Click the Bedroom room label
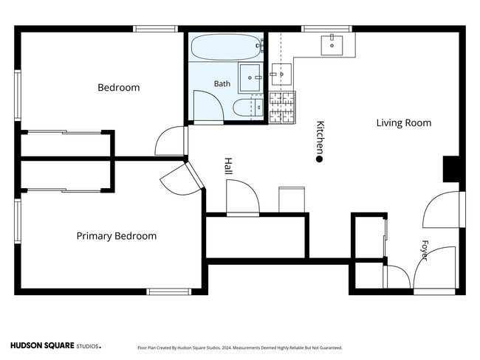(x=118, y=88)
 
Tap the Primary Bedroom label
(x=117, y=236)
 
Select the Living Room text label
(x=404, y=122)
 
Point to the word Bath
(x=222, y=83)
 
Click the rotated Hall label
(x=228, y=166)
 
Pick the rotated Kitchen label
(x=320, y=138)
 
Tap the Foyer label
(x=425, y=250)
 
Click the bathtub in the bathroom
(x=227, y=46)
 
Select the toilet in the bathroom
(x=248, y=108)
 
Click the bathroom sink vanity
(x=250, y=77)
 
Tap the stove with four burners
(x=282, y=108)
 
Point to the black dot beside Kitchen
(x=319, y=159)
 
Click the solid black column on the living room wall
(x=451, y=169)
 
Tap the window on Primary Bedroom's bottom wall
(x=168, y=292)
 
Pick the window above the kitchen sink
(x=326, y=29)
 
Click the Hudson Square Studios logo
(x=55, y=346)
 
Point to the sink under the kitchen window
(x=332, y=45)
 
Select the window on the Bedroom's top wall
(x=156, y=29)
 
